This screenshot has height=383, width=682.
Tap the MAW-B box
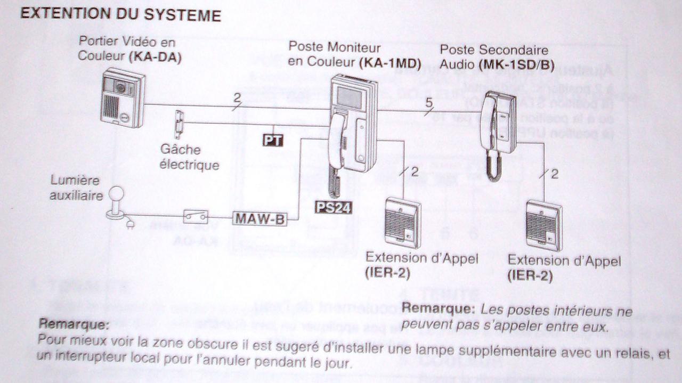259,218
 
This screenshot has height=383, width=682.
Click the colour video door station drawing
123,97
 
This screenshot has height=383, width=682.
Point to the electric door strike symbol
180,123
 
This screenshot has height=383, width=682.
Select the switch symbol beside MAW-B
196,217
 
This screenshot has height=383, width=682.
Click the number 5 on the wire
429,103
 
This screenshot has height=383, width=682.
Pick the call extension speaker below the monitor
402,222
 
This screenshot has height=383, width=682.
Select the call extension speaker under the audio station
544,225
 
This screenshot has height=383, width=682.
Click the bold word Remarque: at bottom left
74,323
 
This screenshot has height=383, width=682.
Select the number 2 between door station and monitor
237,98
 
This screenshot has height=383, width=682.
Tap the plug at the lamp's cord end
129,225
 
